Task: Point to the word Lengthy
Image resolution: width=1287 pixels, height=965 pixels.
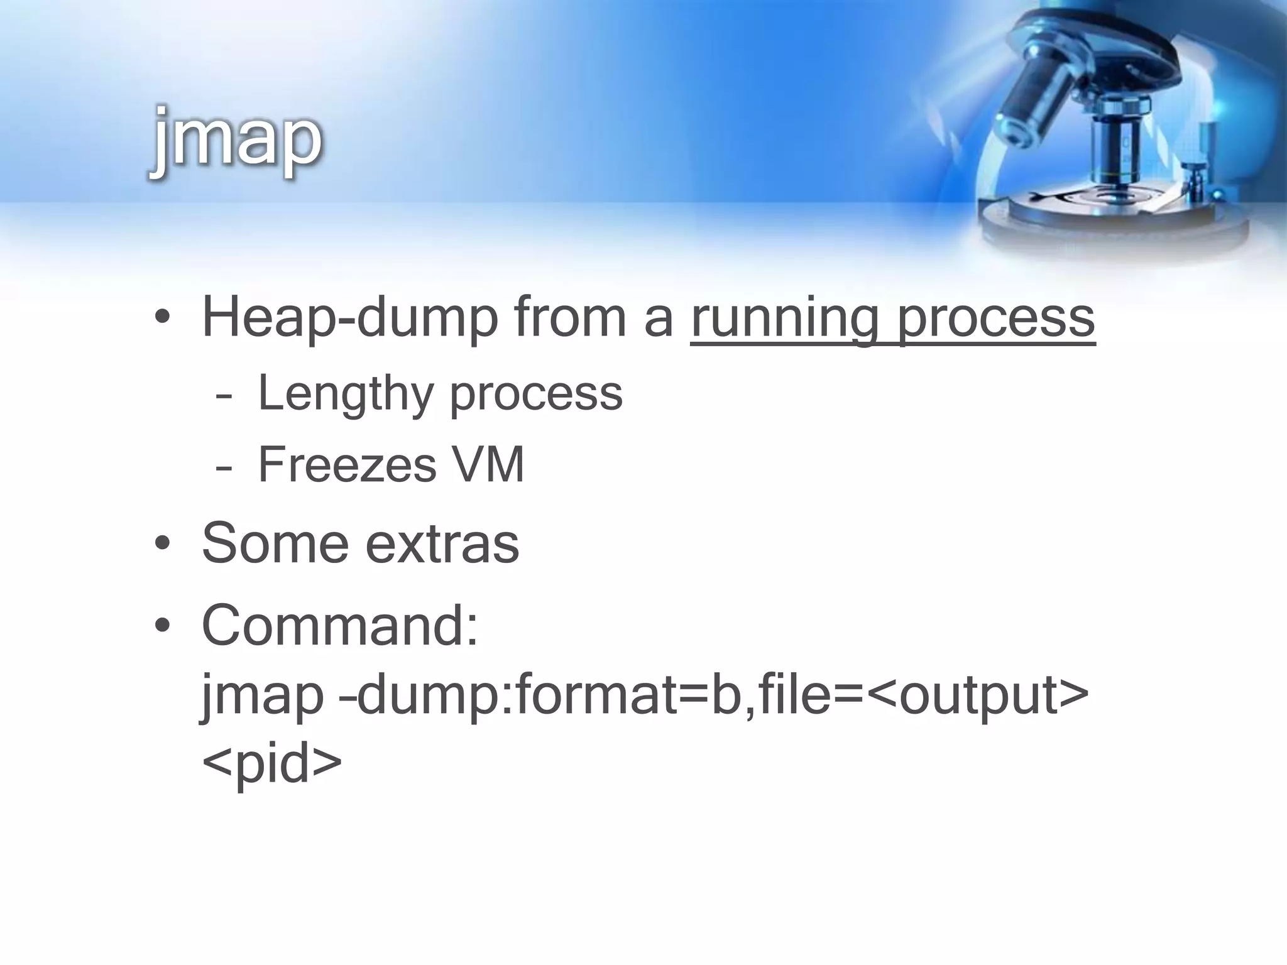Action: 345,393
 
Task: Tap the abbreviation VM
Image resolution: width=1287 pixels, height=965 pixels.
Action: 488,465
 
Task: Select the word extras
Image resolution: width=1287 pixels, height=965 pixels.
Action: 442,544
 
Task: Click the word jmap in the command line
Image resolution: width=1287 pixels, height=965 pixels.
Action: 262,696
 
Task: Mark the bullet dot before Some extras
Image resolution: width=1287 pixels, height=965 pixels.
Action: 162,544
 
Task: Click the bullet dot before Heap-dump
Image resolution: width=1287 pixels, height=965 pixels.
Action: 162,319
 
